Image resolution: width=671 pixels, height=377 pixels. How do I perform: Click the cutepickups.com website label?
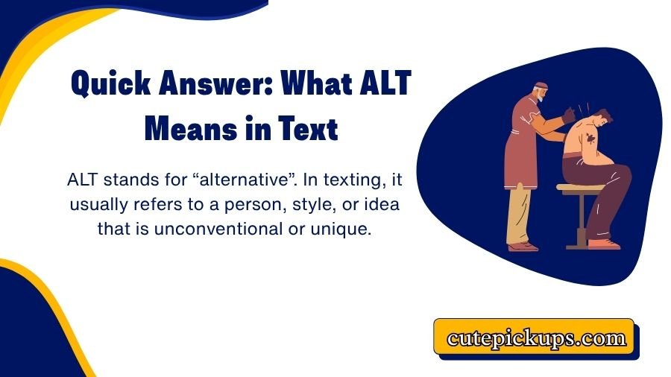pos(536,338)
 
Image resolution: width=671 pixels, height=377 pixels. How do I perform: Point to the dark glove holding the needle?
pos(570,113)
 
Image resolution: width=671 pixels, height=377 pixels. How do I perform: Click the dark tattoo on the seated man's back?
pos(588,139)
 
